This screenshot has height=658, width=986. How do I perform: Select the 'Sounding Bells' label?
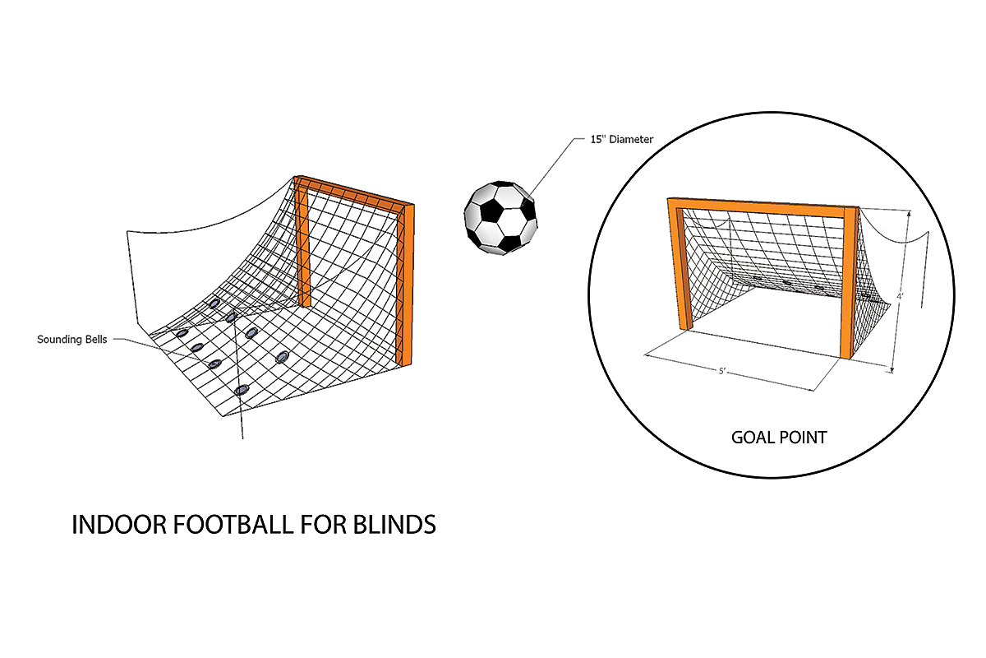(71, 339)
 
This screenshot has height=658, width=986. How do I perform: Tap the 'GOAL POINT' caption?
(778, 437)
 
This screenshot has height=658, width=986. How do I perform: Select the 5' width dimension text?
(722, 371)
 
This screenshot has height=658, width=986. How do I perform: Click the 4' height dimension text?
(901, 297)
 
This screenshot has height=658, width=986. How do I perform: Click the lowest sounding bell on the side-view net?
(241, 390)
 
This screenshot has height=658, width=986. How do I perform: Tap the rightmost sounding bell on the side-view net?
(283, 356)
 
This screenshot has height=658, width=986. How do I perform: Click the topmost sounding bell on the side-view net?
(214, 304)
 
